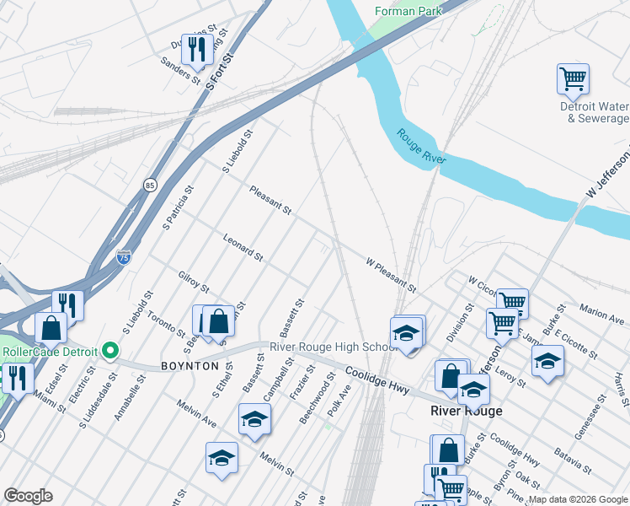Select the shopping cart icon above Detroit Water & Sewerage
[x=573, y=79]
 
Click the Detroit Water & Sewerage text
[x=595, y=112]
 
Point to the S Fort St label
[x=219, y=71]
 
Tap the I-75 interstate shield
[x=124, y=254]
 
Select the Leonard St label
[x=243, y=247]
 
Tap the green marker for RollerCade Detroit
[x=109, y=350]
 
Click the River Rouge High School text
[x=333, y=347]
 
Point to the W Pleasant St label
[x=391, y=275]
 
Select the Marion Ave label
[x=601, y=314]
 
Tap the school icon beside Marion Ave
[x=547, y=361]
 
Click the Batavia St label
[x=572, y=460]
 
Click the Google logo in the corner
[x=28, y=496]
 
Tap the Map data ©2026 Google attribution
[x=578, y=499]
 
